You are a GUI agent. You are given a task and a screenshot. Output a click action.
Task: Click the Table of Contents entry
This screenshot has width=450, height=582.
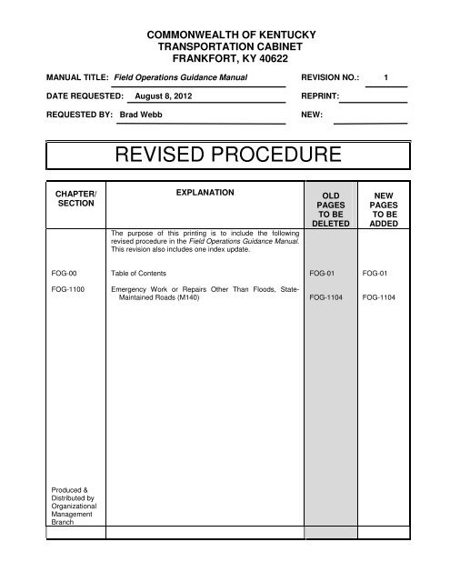(138, 272)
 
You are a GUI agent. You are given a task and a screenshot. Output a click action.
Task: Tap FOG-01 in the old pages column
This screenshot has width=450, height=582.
(323, 272)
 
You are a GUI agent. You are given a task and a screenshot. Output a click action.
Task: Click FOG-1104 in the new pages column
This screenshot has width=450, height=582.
(378, 296)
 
